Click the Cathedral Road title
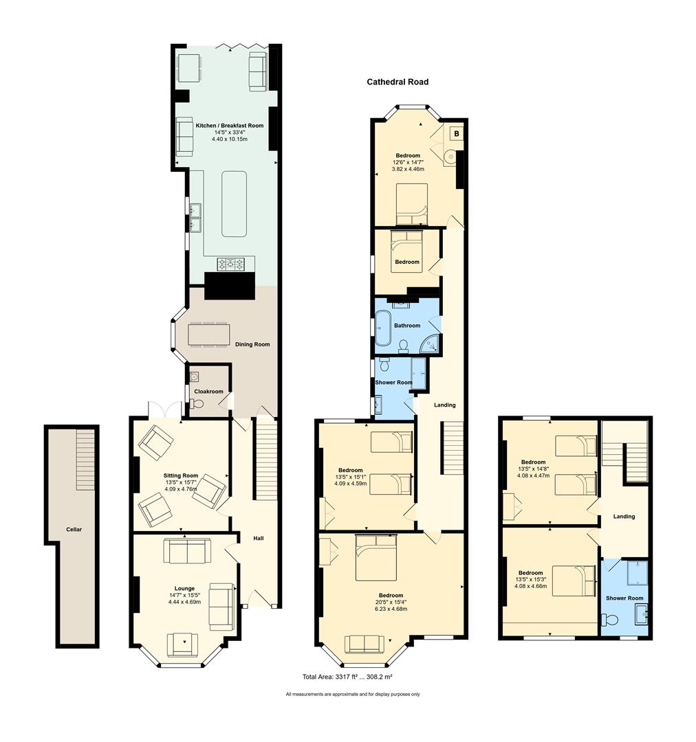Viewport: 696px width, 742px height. point(398,82)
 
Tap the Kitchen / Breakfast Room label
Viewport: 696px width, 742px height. point(229,126)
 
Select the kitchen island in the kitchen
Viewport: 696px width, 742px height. point(234,204)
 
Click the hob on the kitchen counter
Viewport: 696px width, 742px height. point(231,264)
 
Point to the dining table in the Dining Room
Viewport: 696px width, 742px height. point(209,334)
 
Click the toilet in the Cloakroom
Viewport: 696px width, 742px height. point(197,404)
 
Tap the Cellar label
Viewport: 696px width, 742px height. point(74,530)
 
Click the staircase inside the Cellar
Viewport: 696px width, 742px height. point(86,460)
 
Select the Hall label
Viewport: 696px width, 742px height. point(258,538)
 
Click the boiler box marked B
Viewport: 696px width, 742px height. point(456,134)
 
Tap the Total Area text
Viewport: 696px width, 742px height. point(347,677)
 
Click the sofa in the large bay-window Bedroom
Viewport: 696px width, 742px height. point(365,644)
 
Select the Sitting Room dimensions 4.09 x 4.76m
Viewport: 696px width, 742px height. point(181,489)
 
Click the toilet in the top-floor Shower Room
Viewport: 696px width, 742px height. point(610,620)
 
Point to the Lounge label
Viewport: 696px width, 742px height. point(184,589)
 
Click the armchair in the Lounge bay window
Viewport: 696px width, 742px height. point(182,644)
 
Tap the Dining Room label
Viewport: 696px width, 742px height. point(252,344)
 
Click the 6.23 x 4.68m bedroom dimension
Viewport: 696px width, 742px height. point(391,609)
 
